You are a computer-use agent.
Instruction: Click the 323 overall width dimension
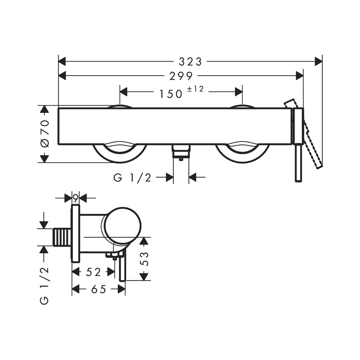[190, 62]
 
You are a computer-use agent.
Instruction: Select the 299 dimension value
[181, 76]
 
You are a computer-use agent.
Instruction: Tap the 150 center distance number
[171, 94]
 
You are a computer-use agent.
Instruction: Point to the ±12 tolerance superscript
[195, 89]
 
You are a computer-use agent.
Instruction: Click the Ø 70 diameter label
[45, 134]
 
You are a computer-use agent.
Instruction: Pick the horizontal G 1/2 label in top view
[132, 177]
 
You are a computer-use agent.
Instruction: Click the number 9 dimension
[76, 197]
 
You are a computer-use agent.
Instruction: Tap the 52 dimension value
[93, 272]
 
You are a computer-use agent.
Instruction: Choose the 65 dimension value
[99, 289]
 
